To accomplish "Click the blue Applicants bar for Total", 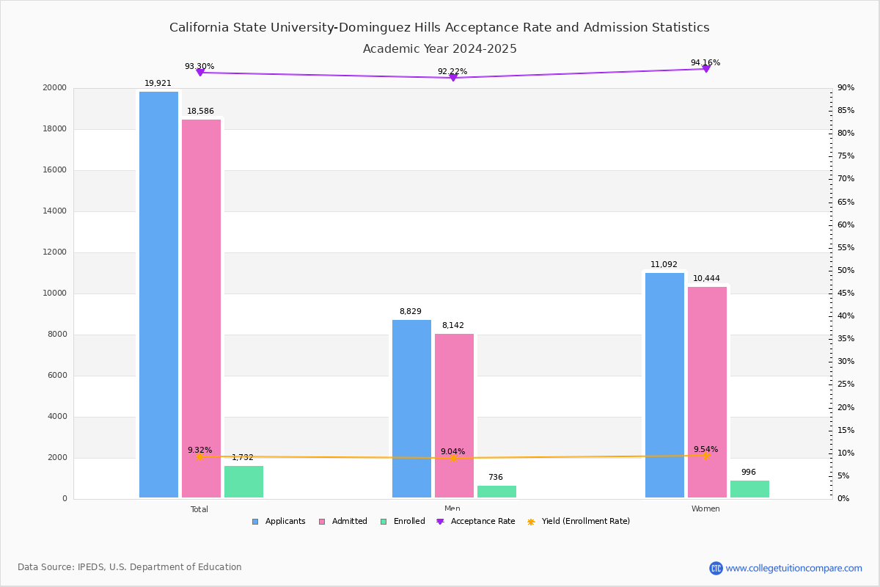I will [158, 293].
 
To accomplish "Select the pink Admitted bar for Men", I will [454, 415].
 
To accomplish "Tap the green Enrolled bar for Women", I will [749, 489].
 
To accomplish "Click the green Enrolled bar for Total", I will [243, 481].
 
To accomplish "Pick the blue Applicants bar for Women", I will [664, 384].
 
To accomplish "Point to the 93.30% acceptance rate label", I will [199, 67].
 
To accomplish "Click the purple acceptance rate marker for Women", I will [705, 69].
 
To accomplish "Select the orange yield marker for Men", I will [453, 458].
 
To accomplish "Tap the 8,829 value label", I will [410, 312].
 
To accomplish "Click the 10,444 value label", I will [706, 279].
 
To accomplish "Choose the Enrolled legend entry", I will [403, 522].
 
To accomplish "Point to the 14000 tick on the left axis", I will [55, 211].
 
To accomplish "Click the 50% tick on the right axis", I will [846, 271].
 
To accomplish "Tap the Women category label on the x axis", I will [705, 509].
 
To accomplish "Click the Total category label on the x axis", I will [199, 509].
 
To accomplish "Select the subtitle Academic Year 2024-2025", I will [440, 49].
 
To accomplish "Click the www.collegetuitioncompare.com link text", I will [793, 568].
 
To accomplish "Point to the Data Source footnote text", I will [130, 567].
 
